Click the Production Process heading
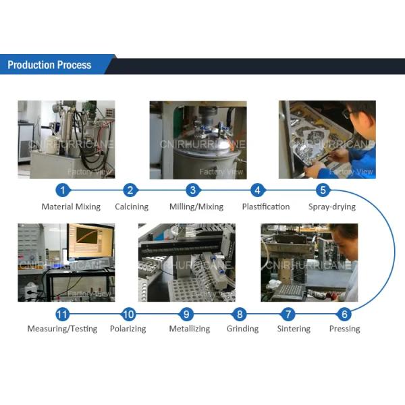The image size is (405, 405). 49,65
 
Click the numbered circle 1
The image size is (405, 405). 63,190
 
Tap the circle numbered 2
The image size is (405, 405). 132,190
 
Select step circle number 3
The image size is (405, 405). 193,190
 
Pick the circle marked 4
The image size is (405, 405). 256,190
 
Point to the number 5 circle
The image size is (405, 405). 323,190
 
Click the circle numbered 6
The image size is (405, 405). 344,314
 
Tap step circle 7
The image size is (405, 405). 288,314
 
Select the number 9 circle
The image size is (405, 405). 188,314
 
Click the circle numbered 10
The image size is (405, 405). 128,314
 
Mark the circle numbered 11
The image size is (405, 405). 62,314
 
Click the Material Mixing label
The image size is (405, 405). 71,207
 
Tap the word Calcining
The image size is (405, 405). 132,207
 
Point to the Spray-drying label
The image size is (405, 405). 331,207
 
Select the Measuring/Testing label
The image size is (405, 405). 62,329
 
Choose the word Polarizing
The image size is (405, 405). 128,329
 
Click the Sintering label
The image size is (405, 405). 294,329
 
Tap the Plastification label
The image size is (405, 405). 266,207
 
